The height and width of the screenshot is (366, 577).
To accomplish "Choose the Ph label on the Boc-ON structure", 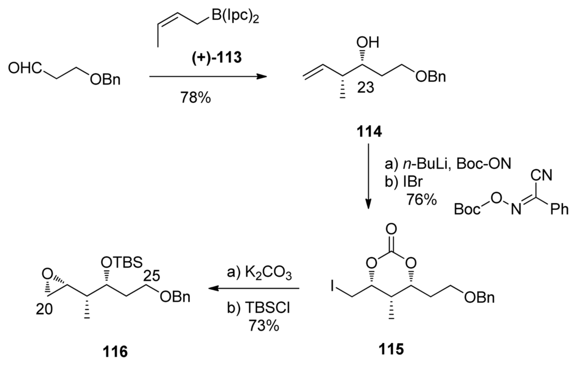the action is (558, 210).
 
